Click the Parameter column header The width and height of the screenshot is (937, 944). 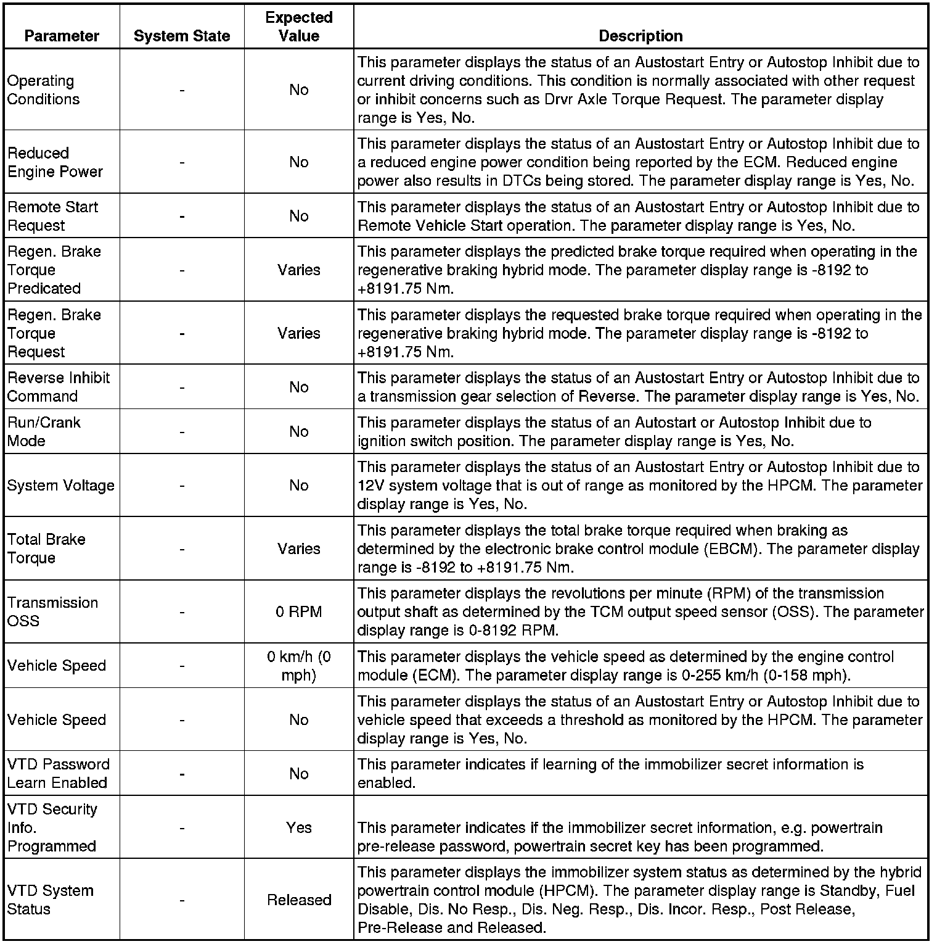click(x=62, y=36)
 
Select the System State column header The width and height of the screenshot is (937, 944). click(x=182, y=36)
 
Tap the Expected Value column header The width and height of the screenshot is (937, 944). click(x=299, y=27)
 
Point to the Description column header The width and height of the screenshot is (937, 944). click(x=640, y=36)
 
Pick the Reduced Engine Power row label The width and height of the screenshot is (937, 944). click(x=55, y=162)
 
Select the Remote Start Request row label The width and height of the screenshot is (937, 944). click(x=52, y=217)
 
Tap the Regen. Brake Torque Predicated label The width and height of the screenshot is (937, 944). click(x=54, y=270)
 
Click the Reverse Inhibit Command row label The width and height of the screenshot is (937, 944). click(x=58, y=387)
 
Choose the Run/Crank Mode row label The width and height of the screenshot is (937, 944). click(x=44, y=432)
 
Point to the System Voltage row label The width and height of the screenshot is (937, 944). click(x=60, y=486)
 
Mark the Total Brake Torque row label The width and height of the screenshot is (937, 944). click(x=46, y=549)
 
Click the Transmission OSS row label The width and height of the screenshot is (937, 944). click(x=52, y=611)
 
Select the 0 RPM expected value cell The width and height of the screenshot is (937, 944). click(x=299, y=612)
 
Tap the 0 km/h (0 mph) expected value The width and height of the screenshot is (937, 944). click(x=299, y=666)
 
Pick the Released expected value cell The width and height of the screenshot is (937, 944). click(x=299, y=900)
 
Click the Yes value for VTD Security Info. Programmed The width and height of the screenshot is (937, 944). click(x=299, y=827)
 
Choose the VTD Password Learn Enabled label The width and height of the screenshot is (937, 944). click(x=58, y=774)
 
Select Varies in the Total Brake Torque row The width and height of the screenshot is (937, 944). click(x=299, y=549)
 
